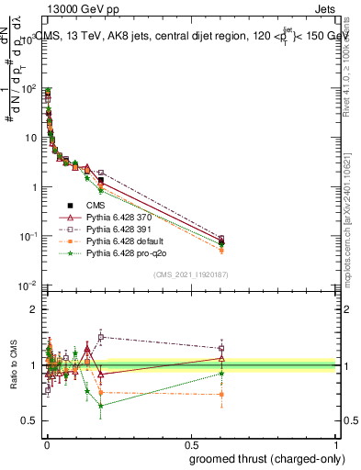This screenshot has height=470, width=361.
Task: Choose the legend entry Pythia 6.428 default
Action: tap(120, 241)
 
